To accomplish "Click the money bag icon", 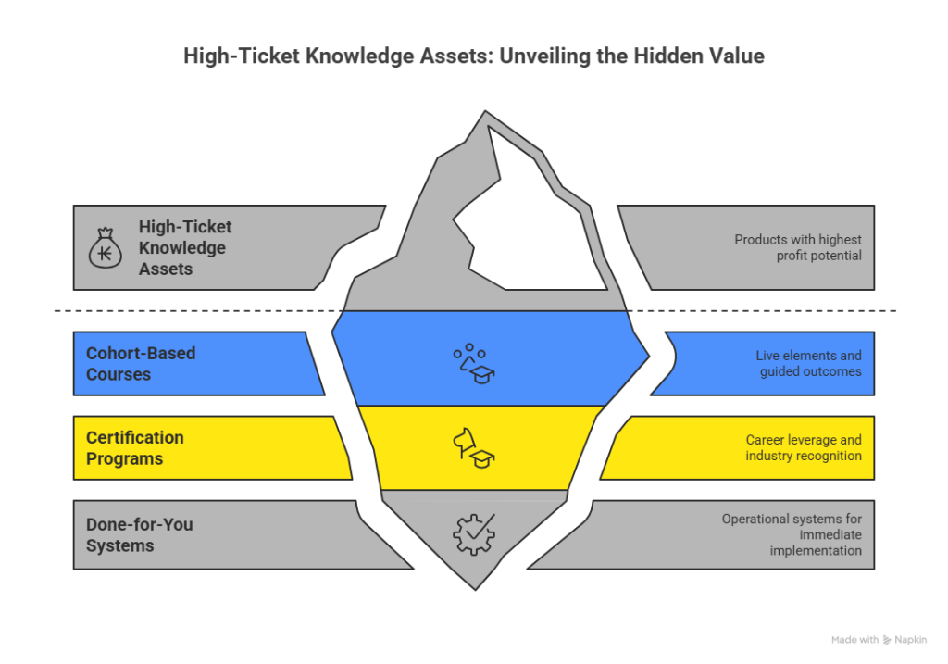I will [105, 248].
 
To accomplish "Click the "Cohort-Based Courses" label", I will [127, 364].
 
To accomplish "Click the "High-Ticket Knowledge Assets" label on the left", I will [184, 247].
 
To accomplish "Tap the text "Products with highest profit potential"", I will [798, 247].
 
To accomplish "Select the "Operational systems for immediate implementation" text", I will [792, 535].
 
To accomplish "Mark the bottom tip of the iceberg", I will [474, 587].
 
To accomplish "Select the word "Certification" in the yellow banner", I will [134, 437].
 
